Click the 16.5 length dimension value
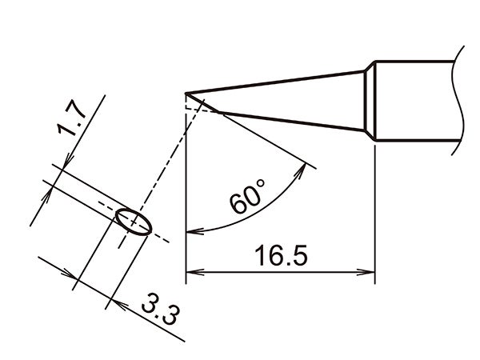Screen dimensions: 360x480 click(x=277, y=258)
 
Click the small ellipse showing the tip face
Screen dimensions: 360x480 click(x=133, y=221)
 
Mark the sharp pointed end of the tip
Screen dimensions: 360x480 click(x=186, y=94)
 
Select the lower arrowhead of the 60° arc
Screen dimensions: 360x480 click(x=192, y=232)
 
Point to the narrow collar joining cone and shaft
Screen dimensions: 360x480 click(x=370, y=102)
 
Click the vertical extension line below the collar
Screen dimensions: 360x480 click(x=375, y=208)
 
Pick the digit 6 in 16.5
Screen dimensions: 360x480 click(x=269, y=258)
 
